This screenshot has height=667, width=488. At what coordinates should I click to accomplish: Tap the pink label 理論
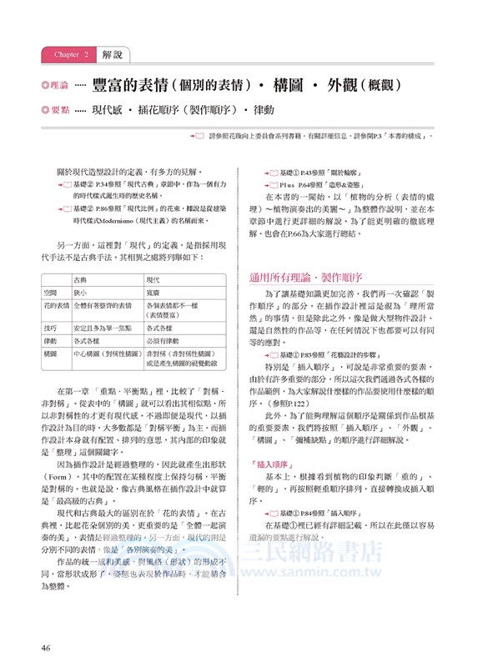(58, 86)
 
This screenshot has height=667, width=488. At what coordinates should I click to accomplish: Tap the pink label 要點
(58, 109)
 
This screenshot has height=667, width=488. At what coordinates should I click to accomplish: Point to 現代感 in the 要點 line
(108, 109)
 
